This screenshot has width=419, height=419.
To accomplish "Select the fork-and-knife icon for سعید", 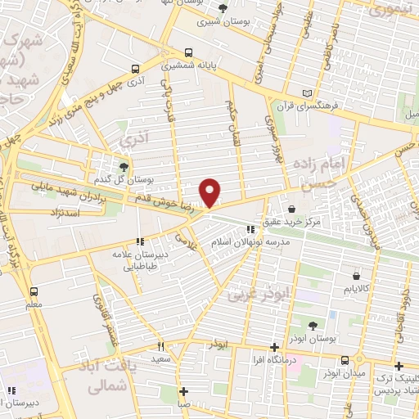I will [x=160, y=346].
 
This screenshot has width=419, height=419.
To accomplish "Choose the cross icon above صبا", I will [x=185, y=390].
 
